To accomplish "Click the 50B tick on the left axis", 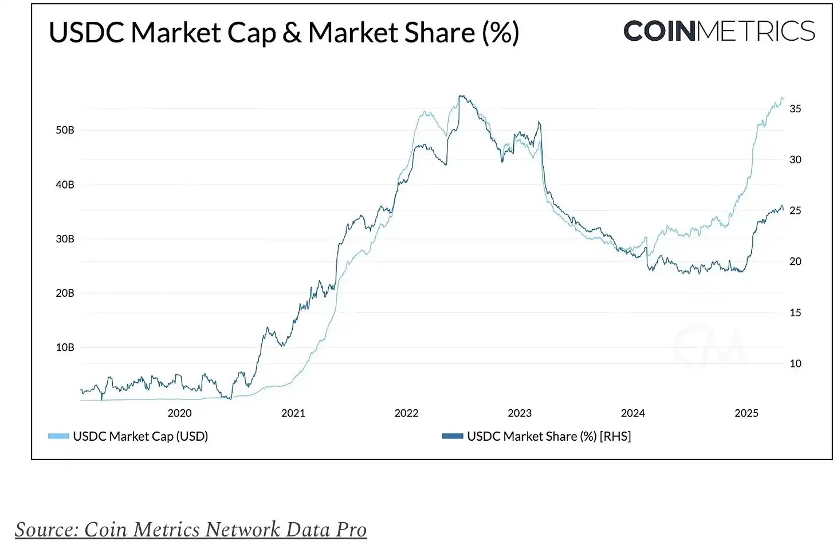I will coord(65,130).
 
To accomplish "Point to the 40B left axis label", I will coord(65,185).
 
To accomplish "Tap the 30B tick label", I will coord(65,239).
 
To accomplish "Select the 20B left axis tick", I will coord(65,293).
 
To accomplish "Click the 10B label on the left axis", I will coord(65,347).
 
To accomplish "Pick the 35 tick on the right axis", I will coord(795,109).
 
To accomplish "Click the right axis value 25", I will coord(795,211).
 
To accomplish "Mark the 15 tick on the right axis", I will coord(795,313).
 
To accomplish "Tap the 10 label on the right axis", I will coord(795,364).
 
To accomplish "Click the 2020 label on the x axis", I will coord(179,413).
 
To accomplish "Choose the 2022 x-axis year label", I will coord(406,413).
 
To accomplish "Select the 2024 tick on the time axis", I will coord(633,413).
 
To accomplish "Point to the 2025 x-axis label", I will coord(746,413).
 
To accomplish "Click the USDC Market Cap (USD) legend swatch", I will coord(58,437).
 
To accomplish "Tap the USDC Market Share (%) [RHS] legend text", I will coord(549,437).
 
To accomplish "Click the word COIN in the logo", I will coord(659,32).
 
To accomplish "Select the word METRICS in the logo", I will coord(756,32).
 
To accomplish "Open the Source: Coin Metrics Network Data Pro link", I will coord(191,530).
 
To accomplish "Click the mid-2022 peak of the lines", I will coord(461,96).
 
